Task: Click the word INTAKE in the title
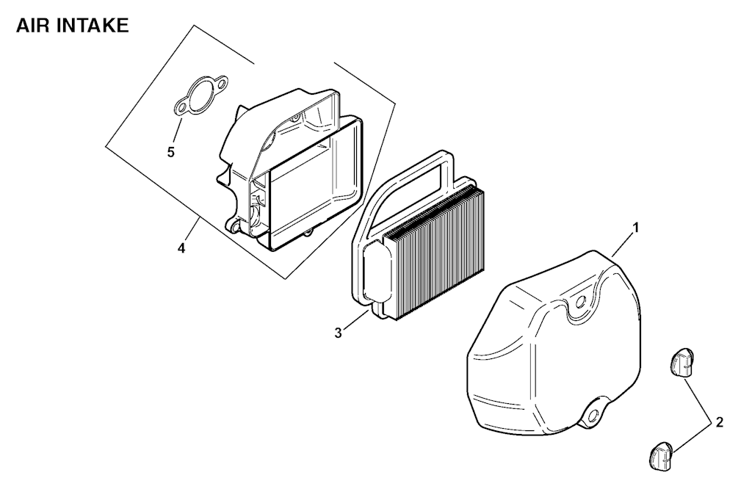(93, 26)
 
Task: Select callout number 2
(719, 422)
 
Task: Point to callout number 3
(338, 333)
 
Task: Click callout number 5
(170, 153)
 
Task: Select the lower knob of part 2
(662, 456)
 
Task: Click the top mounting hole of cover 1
(580, 303)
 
